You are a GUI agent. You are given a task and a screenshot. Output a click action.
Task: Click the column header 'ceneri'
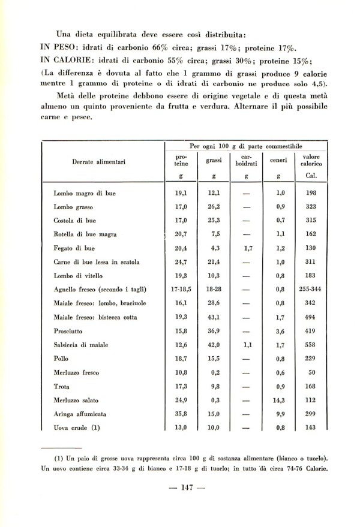coord(278,160)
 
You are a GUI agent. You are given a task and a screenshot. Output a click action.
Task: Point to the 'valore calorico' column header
coord(310,159)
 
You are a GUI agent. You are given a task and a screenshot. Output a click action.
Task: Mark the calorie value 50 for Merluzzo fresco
coord(310,372)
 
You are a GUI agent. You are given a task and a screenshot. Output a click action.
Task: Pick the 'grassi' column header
coord(214,160)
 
